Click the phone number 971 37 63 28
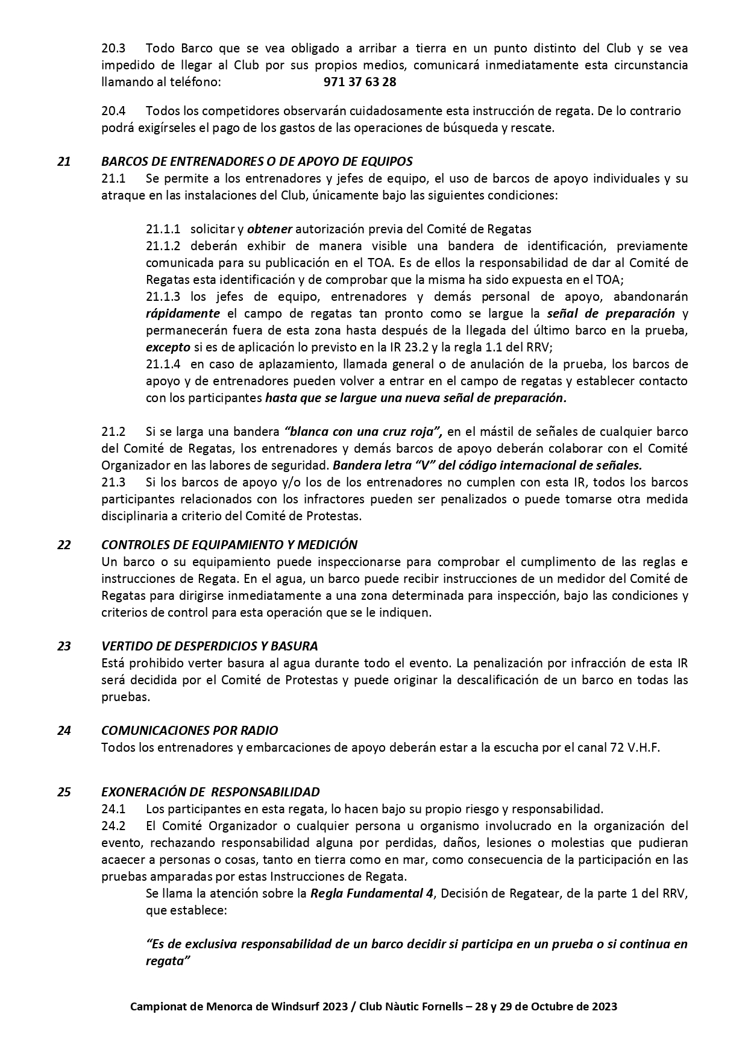pos(360,82)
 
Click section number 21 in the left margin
pos(64,162)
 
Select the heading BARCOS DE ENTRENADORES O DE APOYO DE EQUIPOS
pos(257,162)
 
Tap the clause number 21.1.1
pos(163,229)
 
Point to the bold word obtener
pos(269,229)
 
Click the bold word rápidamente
pos(183,313)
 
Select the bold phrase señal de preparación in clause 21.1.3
pos(611,313)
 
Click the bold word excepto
pos(168,347)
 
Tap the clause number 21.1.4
pos(163,364)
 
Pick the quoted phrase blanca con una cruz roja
pos(363,432)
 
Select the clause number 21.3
pos(113,482)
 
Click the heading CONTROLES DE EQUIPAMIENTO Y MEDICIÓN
pos(229,545)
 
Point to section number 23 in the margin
pos(64,646)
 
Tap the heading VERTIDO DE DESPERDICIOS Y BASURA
pos(209,646)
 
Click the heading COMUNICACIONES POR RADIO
pos(189,731)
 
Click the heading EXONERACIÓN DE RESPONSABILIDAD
pos(210,792)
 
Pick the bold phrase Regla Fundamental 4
pos(371,893)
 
